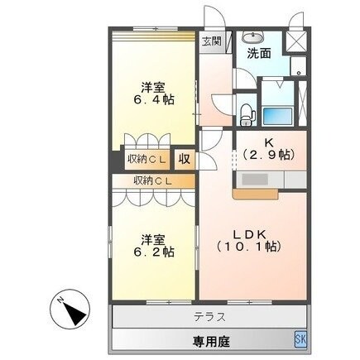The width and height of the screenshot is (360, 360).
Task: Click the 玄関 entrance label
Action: coord(210,41)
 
